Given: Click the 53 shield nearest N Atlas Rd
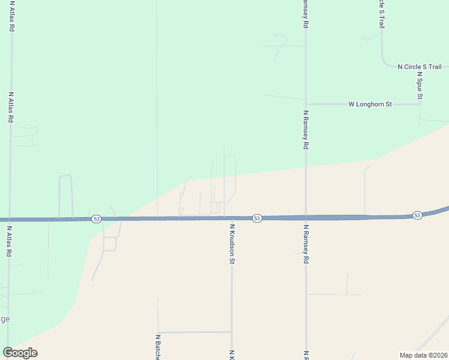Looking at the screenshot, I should (96, 220).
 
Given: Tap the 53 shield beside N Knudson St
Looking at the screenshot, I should (257, 218).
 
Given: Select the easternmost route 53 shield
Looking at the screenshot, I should (417, 215).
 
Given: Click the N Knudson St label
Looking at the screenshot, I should (232, 244).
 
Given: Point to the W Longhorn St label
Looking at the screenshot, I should (370, 104).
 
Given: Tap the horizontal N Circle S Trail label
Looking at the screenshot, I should (420, 67).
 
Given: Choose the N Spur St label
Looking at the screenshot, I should (420, 88).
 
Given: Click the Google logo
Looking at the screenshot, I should (20, 352).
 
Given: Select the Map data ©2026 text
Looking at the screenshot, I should (423, 355).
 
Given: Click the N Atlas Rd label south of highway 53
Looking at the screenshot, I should (10, 241).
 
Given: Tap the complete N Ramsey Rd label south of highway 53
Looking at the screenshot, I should (306, 245).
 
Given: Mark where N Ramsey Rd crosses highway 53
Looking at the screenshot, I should (306, 217).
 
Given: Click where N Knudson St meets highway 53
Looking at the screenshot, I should (232, 218).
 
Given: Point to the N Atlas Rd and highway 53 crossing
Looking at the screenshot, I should (10, 220).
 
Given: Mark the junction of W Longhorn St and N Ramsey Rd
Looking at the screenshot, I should (306, 104).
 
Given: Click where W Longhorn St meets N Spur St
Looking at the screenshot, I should (420, 104).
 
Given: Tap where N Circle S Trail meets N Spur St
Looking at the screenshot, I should (420, 67).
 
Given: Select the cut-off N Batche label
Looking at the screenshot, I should (158, 347).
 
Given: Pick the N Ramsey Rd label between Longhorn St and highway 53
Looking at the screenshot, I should (306, 130).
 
